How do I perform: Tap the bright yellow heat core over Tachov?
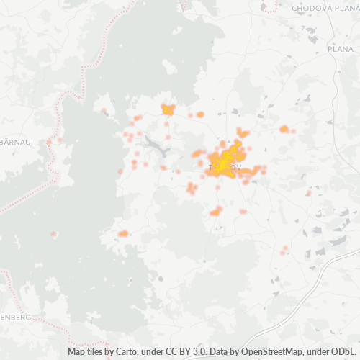[x=225, y=163]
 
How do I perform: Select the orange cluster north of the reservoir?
[x=168, y=109]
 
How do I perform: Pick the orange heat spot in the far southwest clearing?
[x=123, y=233]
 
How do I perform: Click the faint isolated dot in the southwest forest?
[x=54, y=234]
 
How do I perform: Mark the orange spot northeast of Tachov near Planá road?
[x=284, y=129]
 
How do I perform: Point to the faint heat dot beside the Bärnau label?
[x=49, y=142]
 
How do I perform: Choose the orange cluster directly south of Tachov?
[x=215, y=212]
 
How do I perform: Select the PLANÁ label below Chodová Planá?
[x=338, y=49]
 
